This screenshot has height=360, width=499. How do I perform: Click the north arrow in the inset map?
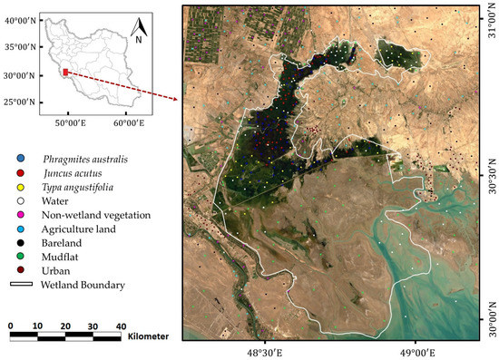coord(139,30)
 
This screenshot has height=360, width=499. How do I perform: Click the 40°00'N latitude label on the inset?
coord(18,19)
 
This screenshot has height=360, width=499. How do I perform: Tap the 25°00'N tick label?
coord(18,102)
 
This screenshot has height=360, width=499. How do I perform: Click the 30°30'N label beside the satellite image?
coord(491,175)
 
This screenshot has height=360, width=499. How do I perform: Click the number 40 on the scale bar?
coord(120,325)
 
